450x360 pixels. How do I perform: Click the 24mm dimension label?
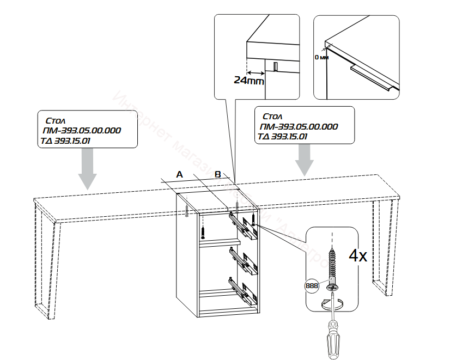click(x=248, y=81)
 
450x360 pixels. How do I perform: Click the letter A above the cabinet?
click(x=179, y=174)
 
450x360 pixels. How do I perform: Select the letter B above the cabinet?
click(x=217, y=174)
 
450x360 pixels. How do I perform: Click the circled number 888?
click(x=312, y=285)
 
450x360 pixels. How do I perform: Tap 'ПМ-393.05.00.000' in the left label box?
click(x=81, y=131)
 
